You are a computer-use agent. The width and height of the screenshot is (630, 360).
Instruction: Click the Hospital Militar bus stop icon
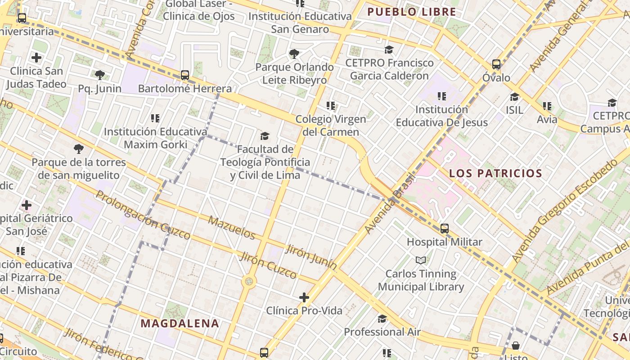click(x=445, y=229)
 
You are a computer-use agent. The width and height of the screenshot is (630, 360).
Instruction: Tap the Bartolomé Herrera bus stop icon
click(x=185, y=75)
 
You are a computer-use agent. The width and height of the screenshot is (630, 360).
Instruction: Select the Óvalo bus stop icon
click(x=496, y=64)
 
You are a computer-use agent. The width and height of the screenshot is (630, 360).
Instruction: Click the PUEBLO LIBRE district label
click(x=411, y=12)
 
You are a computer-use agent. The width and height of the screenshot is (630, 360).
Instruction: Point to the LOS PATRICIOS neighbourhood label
click(x=495, y=173)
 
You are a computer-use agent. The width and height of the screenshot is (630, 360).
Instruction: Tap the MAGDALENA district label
click(x=180, y=323)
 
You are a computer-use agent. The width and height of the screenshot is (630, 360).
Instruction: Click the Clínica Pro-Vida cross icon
click(x=304, y=297)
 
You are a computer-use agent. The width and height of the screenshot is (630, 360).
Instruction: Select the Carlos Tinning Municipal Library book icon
click(x=421, y=261)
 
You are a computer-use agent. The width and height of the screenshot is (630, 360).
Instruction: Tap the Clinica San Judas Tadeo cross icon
click(x=36, y=58)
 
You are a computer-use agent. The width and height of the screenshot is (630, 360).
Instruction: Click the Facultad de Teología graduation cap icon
click(x=265, y=136)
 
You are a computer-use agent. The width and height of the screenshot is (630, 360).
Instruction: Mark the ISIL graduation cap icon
click(x=514, y=97)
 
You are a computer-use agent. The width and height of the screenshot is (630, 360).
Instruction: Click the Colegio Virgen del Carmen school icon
click(x=331, y=106)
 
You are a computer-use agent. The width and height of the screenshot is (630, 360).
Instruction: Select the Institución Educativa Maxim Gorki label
click(x=155, y=138)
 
